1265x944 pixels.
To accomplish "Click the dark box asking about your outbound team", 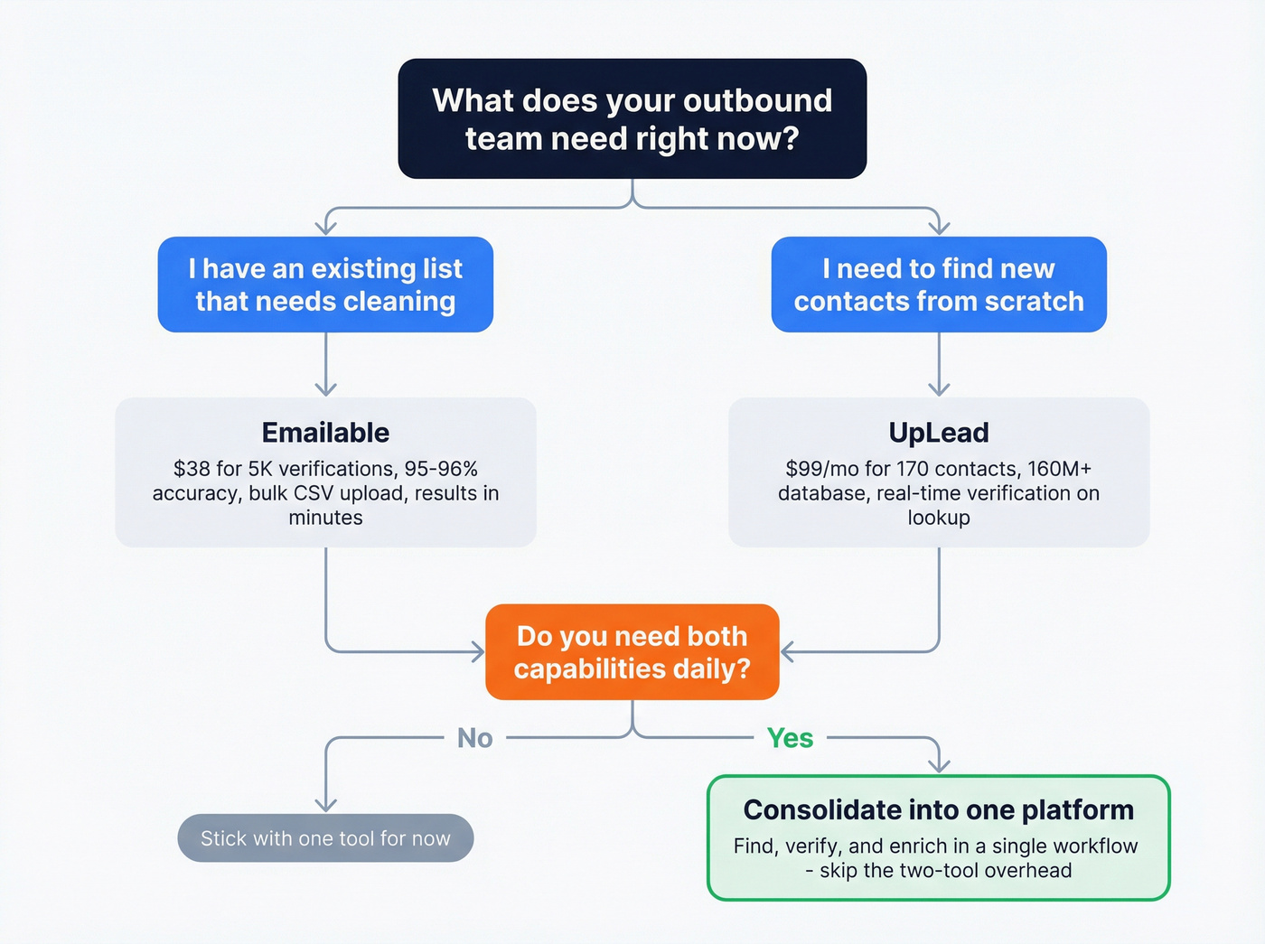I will [632, 118].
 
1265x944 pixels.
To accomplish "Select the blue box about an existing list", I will [325, 285].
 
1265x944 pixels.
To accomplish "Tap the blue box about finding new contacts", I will [939, 285].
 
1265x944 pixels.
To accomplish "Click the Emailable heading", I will [325, 433].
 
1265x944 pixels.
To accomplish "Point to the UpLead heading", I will [939, 433].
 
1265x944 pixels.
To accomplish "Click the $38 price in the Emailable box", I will [192, 469].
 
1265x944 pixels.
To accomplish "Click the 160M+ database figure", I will [1059, 469].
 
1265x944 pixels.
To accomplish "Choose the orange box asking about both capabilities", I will [632, 652].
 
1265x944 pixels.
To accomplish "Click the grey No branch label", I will [475, 738].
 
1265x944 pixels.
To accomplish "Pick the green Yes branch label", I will [790, 738].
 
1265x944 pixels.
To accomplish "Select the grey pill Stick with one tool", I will [325, 838].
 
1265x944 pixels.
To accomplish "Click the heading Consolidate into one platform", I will [938, 809].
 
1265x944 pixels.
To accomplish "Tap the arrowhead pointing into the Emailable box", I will [325, 389].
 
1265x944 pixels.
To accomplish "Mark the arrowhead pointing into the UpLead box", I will [939, 389].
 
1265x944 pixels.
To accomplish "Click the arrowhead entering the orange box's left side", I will [478, 652].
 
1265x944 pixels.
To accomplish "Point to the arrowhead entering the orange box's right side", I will [787, 652].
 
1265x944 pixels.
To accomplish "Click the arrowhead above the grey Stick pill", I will [325, 805].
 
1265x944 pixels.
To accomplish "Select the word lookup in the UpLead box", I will [939, 518].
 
